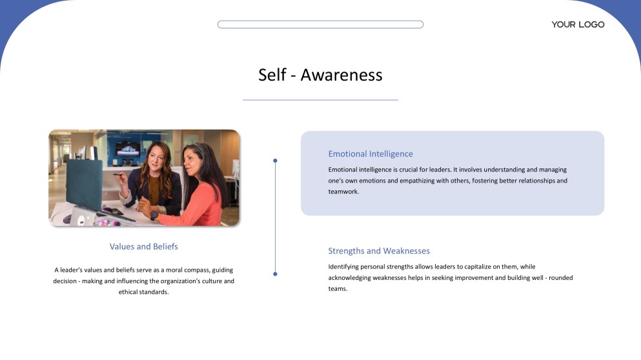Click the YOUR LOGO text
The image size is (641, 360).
point(578,25)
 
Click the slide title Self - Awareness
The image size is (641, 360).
point(320,75)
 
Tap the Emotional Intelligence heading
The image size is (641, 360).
point(371,154)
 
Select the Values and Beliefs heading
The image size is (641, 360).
point(143,246)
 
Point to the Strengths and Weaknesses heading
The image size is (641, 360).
point(378,251)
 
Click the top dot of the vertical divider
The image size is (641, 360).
point(275,161)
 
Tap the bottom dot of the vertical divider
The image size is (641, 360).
point(275,274)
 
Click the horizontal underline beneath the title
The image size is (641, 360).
point(320,100)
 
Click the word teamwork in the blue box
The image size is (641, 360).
point(343,192)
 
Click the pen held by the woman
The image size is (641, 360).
point(119,175)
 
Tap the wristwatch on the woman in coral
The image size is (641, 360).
point(154,215)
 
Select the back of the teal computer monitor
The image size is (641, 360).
point(84,183)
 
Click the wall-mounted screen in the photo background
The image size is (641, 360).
point(128,148)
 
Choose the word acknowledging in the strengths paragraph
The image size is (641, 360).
point(349,278)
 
